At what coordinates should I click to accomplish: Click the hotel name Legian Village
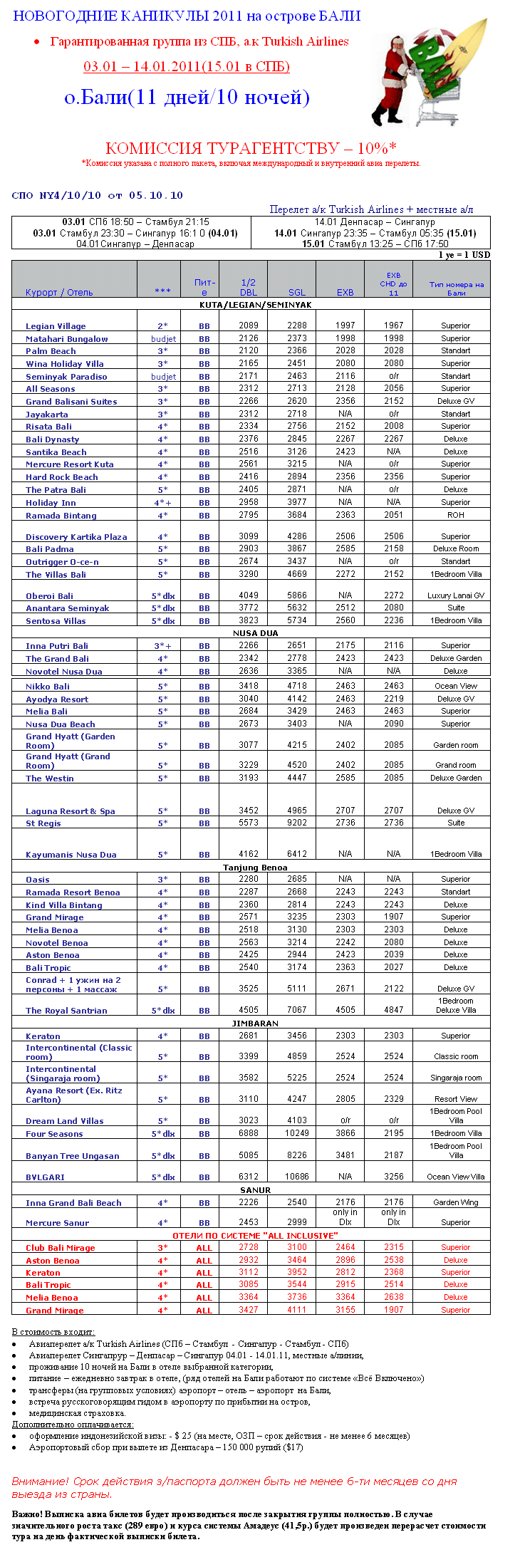pyautogui.click(x=56, y=326)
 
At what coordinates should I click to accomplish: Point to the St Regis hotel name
pyautogui.click(x=43, y=823)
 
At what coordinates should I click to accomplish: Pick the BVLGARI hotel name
pyautogui.click(x=45, y=1177)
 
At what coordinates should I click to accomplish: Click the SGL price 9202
pyautogui.click(x=297, y=823)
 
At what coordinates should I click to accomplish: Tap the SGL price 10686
pyautogui.click(x=297, y=1177)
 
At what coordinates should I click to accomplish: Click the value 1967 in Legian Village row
pyautogui.click(x=394, y=326)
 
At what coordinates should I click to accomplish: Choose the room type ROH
pyautogui.click(x=456, y=515)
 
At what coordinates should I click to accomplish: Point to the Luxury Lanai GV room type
pyautogui.click(x=456, y=595)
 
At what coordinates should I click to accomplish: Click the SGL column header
pyautogui.click(x=297, y=292)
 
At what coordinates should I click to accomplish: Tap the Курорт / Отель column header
pyautogui.click(x=59, y=293)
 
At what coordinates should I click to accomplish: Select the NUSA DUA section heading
pyautogui.click(x=255, y=633)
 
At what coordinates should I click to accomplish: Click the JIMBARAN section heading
pyautogui.click(x=255, y=1024)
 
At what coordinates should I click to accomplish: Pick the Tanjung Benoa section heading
pyautogui.click(x=255, y=868)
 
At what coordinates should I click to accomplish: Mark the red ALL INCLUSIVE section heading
pyautogui.click(x=255, y=1236)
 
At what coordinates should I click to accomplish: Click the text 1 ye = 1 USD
pyautogui.click(x=464, y=255)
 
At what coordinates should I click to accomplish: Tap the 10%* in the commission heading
pyautogui.click(x=377, y=148)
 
